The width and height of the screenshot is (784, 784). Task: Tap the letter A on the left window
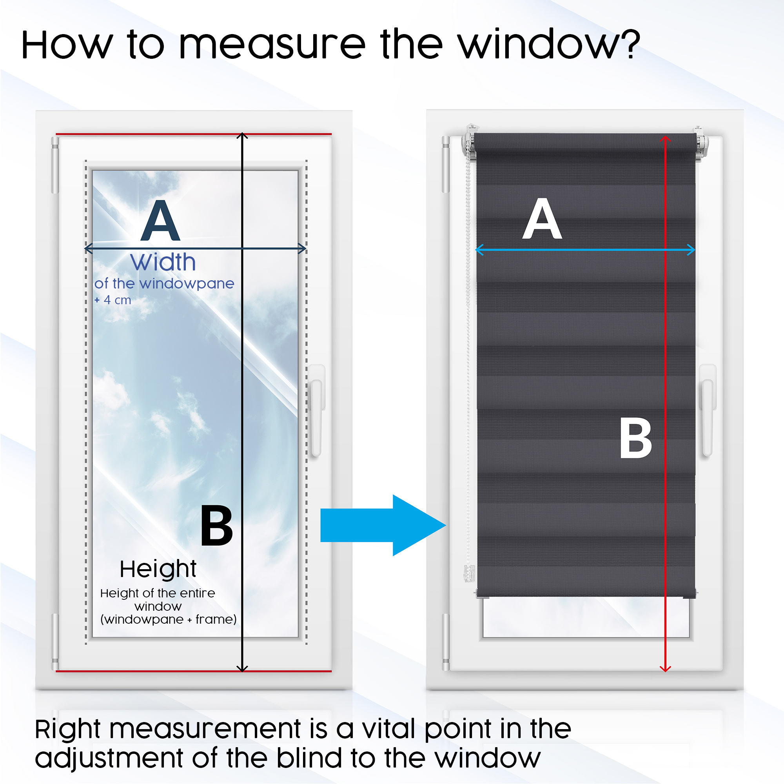pos(160,221)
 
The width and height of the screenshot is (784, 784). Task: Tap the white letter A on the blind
pos(542,219)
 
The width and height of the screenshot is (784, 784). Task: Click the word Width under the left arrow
pos(163,263)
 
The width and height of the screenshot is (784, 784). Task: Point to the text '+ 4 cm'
pos(113,300)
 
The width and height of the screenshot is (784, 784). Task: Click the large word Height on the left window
pos(158,569)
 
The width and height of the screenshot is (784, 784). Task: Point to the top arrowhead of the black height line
pos(242,136)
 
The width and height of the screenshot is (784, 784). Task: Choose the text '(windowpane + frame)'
pos(169,620)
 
